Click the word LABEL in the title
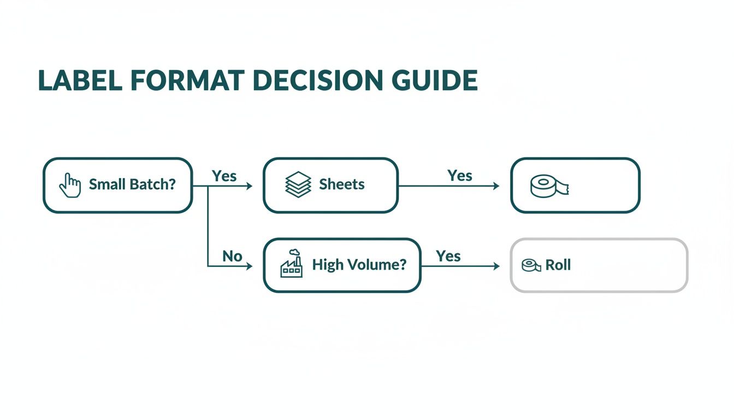[80, 81]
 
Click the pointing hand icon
[70, 185]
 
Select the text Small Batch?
[132, 184]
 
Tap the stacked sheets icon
[298, 185]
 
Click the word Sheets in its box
[342, 184]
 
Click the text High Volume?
[359, 265]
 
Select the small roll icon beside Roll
[531, 265]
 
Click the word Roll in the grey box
[558, 265]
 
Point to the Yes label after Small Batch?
[224, 176]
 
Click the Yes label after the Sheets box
[460, 176]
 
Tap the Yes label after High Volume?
[448, 256]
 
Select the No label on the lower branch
[232, 256]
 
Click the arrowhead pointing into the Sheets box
[250, 186]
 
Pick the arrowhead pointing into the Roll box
[496, 266]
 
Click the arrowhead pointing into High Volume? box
[250, 266]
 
